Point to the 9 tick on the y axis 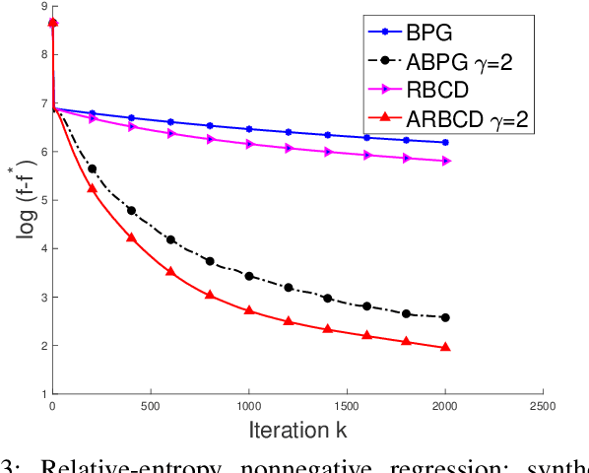point(42,7)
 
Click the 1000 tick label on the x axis point(249,405)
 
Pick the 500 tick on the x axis point(151,405)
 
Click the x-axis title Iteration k point(297,430)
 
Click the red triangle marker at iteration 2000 point(445,348)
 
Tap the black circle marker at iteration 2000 point(445,317)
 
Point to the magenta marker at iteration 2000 point(445,161)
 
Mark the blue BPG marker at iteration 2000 point(445,143)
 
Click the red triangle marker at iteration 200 point(92,188)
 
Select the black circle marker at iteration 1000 point(249,276)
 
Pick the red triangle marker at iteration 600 point(170,271)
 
